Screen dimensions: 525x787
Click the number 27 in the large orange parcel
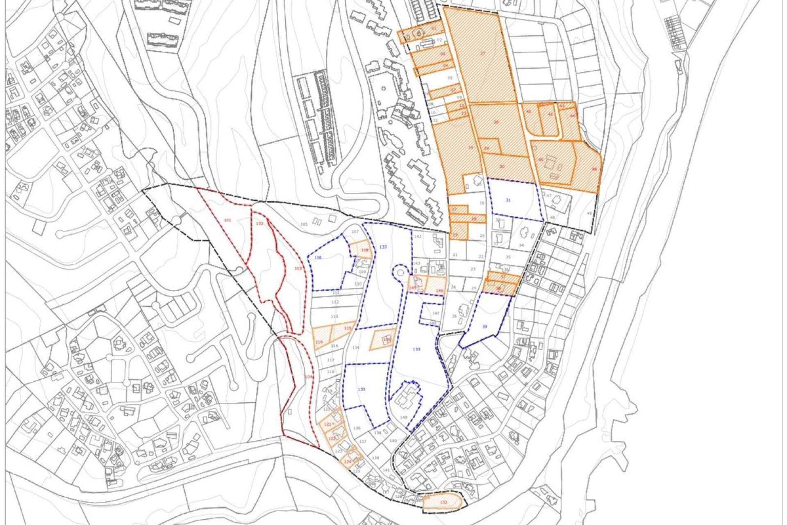pyautogui.click(x=482, y=54)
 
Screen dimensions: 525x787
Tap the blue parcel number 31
pyautogui.click(x=508, y=200)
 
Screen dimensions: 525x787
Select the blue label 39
pyautogui.click(x=485, y=326)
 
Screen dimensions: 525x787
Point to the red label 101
pyautogui.click(x=227, y=220)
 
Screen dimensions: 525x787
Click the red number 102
pyautogui.click(x=259, y=224)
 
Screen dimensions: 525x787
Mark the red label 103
pyautogui.click(x=298, y=268)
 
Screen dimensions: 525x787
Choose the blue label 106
pyautogui.click(x=318, y=258)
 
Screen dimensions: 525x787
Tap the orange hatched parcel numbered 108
pyautogui.click(x=364, y=250)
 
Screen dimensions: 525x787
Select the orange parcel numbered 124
pyautogui.click(x=348, y=461)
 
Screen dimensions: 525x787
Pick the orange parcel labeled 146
pyautogui.click(x=439, y=290)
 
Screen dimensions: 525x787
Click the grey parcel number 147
pyautogui.click(x=435, y=313)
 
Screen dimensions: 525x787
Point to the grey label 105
pyautogui.click(x=304, y=224)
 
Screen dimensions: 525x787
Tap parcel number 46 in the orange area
pyautogui.click(x=594, y=169)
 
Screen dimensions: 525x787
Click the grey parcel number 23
pyautogui.click(x=473, y=269)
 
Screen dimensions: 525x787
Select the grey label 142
pyautogui.click(x=418, y=237)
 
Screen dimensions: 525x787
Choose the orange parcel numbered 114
pyautogui.click(x=319, y=342)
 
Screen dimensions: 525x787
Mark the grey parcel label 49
pyautogui.click(x=589, y=213)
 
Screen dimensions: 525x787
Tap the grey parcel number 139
pyautogui.click(x=375, y=458)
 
